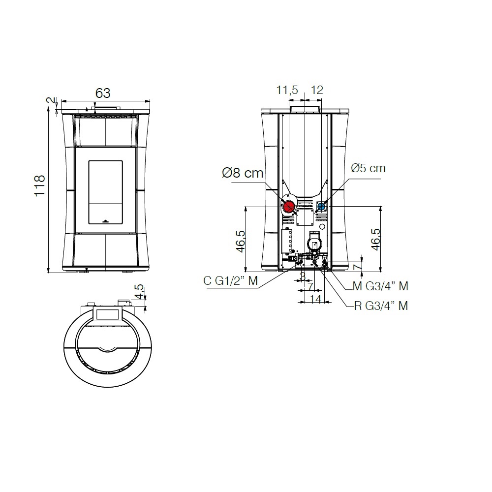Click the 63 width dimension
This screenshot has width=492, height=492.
pyautogui.click(x=103, y=93)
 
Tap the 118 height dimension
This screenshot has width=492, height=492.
pyautogui.click(x=40, y=186)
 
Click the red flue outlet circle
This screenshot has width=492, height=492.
pyautogui.click(x=288, y=207)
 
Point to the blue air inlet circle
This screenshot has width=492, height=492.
pyautogui.click(x=321, y=207)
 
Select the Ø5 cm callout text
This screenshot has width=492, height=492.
pyautogui.click(x=368, y=168)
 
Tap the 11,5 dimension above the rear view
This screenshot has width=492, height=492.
pyautogui.click(x=287, y=90)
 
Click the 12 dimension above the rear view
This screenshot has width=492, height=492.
pyautogui.click(x=317, y=90)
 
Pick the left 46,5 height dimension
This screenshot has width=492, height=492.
pyautogui.click(x=241, y=241)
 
